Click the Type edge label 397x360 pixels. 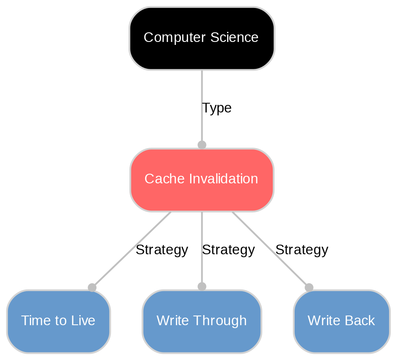pyautogui.click(x=217, y=108)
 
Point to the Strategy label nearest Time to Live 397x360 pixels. pyautogui.click(x=162, y=250)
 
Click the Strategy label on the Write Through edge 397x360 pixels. pyautogui.click(x=228, y=250)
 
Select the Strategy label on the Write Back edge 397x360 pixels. pyautogui.click(x=301, y=250)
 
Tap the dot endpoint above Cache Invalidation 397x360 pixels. pyautogui.click(x=202, y=145)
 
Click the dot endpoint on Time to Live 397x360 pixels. pyautogui.click(x=92, y=287)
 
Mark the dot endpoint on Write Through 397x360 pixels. pyautogui.click(x=202, y=287)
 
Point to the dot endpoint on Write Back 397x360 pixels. pyautogui.click(x=309, y=287)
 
